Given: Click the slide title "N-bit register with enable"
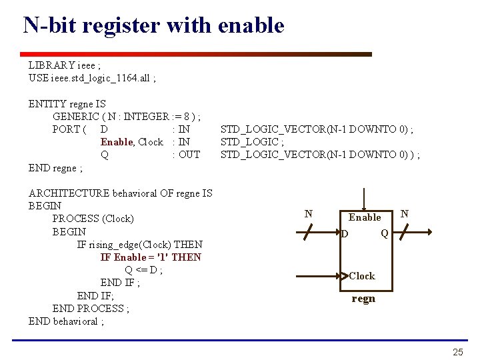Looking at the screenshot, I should coord(153,26).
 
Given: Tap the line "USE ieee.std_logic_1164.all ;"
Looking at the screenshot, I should coord(92,78).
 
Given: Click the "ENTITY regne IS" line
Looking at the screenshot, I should coord(67,104).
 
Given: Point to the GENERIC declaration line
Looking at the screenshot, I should coord(127,117).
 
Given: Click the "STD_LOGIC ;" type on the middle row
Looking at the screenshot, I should coord(252,141).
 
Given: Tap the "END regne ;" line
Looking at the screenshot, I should coord(56,168).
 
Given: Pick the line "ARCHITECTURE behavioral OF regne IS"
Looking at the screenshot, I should coord(121,193).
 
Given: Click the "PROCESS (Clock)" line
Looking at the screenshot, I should coord(93,219).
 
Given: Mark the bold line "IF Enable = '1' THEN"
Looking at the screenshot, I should coord(151,257).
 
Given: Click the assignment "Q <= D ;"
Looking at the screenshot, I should coord(144,270).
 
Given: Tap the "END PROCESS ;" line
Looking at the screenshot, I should coord(91,309).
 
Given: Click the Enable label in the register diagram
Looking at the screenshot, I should coord(365,217).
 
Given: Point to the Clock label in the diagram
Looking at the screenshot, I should coord(362,276).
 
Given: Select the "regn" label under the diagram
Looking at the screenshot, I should coord(363,298).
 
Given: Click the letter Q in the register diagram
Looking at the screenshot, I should coord(385,233).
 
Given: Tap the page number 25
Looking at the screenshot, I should coord(457,352).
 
